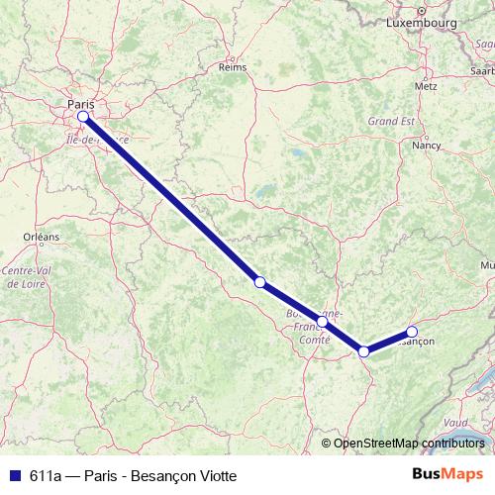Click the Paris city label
pyautogui.click(x=80, y=103)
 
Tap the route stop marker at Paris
pyautogui.click(x=83, y=117)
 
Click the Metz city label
pyautogui.click(x=427, y=86)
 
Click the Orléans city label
pyautogui.click(x=43, y=237)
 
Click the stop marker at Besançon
pyautogui.click(x=412, y=332)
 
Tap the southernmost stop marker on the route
pyautogui.click(x=364, y=351)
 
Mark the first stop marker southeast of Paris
pyautogui.click(x=259, y=282)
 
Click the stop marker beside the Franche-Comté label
pyautogui.click(x=323, y=322)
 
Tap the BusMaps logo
pyautogui.click(x=447, y=472)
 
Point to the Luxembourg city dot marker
pyautogui.click(x=420, y=9)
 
